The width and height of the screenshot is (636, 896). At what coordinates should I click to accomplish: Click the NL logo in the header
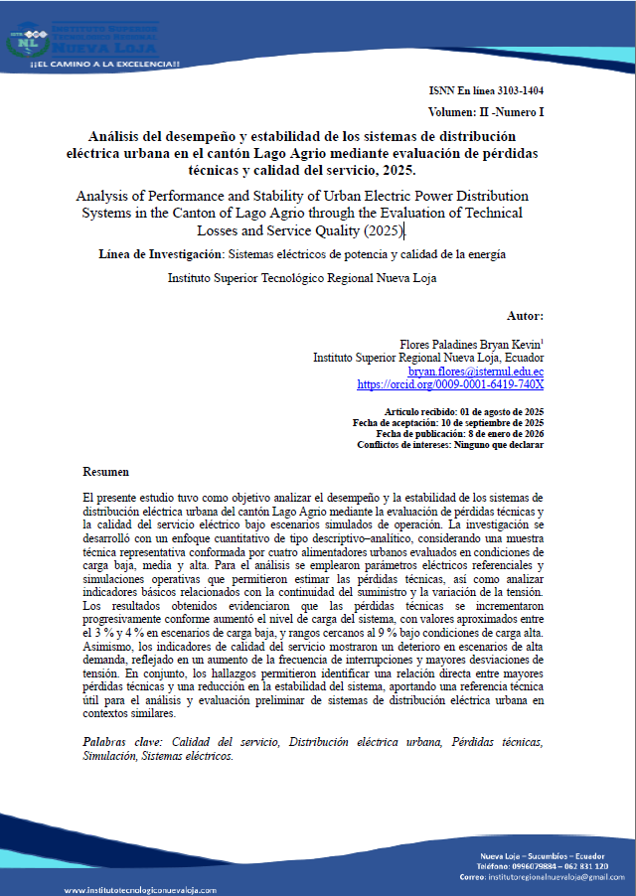(36, 42)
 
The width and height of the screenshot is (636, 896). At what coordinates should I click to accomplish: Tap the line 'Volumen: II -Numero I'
(486, 113)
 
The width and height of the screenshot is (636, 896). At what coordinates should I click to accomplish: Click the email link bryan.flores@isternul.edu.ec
(476, 370)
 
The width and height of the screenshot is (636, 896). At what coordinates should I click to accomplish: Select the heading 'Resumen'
(105, 471)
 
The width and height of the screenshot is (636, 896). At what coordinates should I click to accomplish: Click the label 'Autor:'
(525, 315)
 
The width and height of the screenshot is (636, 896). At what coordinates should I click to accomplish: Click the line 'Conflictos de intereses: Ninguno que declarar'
(450, 445)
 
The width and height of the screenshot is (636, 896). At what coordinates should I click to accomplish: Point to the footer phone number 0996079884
(530, 866)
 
